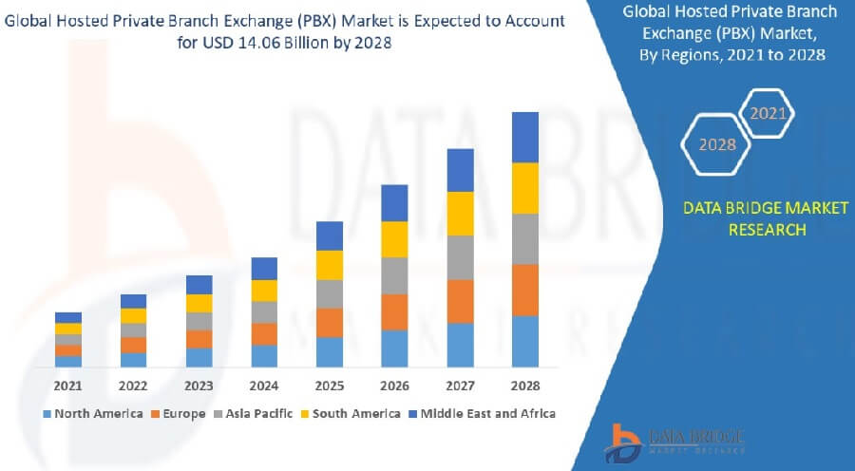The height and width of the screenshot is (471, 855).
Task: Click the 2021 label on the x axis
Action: pos(67,386)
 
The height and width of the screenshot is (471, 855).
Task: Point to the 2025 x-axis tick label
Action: pos(330,386)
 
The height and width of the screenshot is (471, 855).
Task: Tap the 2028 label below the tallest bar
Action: pos(525,386)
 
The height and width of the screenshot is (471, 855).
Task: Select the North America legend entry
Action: pos(92,413)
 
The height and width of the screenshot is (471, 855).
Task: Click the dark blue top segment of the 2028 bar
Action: pos(525,138)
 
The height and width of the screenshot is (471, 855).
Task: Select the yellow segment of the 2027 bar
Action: pos(461,214)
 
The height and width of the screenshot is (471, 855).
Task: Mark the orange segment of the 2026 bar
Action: pos(394,311)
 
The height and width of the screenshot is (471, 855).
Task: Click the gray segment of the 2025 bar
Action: pos(330,293)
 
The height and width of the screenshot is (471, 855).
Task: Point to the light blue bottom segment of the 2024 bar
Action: pos(264,355)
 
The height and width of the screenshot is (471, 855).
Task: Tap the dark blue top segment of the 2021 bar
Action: pos(68,317)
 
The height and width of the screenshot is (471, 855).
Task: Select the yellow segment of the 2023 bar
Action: pos(199,303)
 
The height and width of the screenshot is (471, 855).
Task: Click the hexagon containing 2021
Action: pos(768,114)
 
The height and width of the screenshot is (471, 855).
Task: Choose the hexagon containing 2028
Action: pos(717,145)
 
